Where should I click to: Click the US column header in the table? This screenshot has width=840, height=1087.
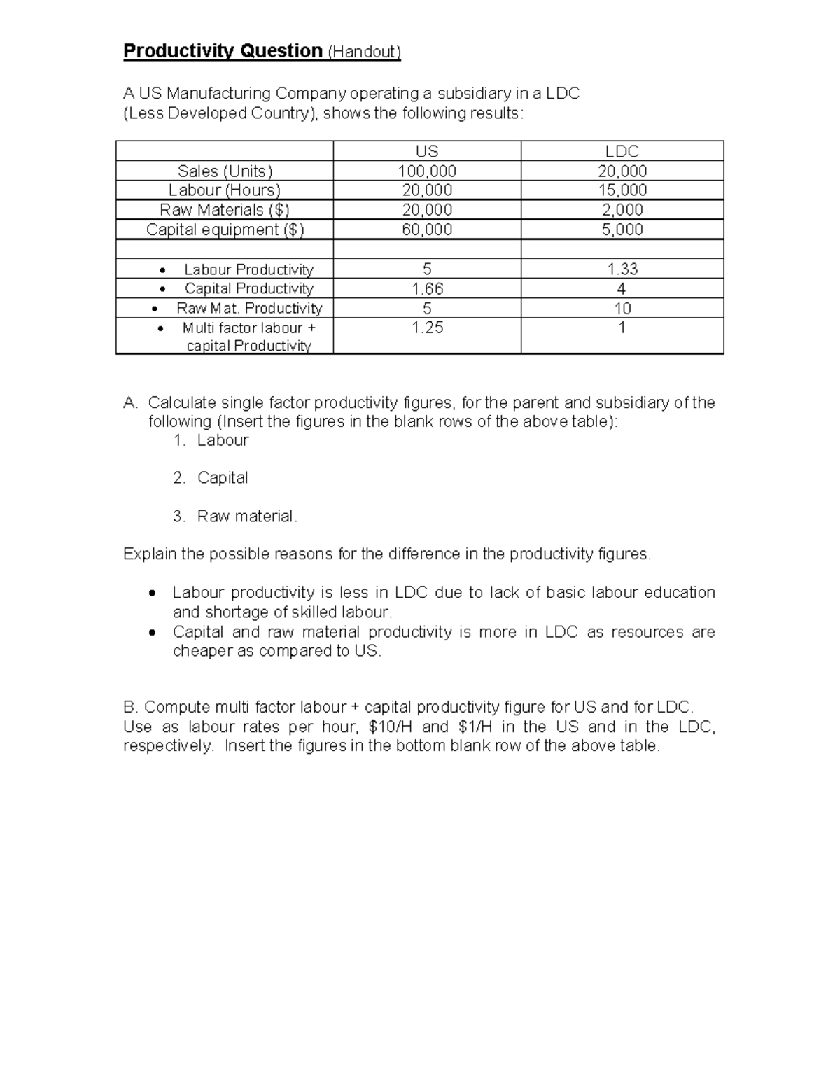coord(427,151)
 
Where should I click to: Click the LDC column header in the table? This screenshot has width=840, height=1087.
coord(622,151)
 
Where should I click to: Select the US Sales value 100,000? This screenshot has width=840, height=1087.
coord(427,171)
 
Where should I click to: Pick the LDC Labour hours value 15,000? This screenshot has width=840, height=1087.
coord(622,190)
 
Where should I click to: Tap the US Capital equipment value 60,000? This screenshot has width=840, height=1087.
coord(427,230)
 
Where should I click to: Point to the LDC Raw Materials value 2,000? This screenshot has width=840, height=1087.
coord(622,209)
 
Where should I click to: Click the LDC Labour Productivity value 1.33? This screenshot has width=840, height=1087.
coord(622,269)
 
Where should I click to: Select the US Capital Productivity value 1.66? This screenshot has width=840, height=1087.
coord(427,288)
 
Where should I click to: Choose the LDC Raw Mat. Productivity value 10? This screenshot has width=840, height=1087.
coord(622,308)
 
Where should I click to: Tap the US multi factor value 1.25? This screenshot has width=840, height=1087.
coord(427,328)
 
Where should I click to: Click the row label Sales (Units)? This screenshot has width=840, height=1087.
coord(225,171)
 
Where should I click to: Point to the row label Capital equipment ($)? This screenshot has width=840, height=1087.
coord(225,230)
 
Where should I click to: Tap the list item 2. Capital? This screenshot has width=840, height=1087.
coord(211,477)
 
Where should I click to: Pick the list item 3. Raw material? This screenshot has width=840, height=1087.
coord(235,516)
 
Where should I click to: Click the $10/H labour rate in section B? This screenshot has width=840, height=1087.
coord(391,727)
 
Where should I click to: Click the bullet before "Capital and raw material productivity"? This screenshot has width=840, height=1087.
coord(152,632)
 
